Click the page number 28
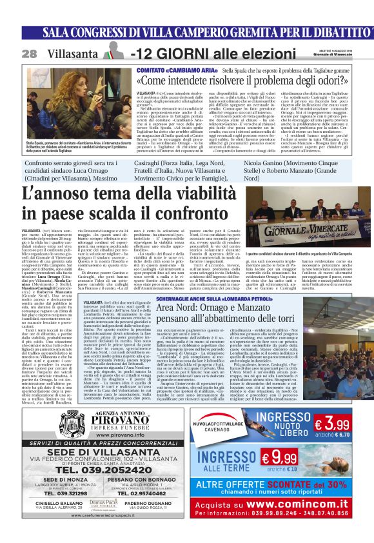pos(29,54)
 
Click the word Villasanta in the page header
pos(72,54)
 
